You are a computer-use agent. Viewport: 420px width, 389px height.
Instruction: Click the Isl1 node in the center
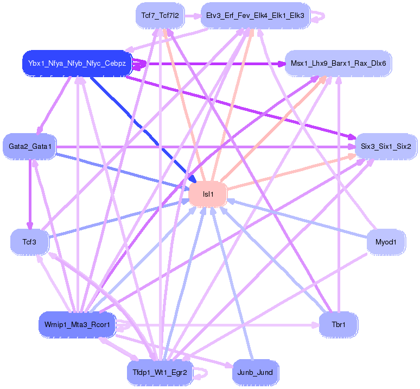click(x=208, y=194)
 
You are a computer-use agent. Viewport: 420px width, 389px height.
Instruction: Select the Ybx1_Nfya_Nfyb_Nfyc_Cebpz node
click(x=77, y=64)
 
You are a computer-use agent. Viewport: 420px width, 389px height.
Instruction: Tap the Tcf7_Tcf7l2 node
click(x=160, y=15)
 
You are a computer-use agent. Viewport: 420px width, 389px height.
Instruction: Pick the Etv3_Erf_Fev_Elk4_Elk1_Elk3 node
click(x=255, y=15)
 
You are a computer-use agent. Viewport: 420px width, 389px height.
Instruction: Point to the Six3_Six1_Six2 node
click(x=386, y=146)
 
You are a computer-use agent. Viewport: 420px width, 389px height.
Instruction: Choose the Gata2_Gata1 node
click(x=30, y=146)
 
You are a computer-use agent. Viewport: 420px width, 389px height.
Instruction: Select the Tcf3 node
click(x=30, y=241)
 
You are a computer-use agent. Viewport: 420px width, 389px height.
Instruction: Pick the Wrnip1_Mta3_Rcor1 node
click(x=77, y=325)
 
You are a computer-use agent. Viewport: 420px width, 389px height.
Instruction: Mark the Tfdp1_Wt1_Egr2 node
click(x=160, y=373)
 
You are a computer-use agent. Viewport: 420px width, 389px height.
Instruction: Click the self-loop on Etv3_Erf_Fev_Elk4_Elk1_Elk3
click(x=320, y=15)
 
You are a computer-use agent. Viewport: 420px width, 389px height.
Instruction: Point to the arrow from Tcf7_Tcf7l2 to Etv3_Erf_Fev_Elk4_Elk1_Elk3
click(x=192, y=16)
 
